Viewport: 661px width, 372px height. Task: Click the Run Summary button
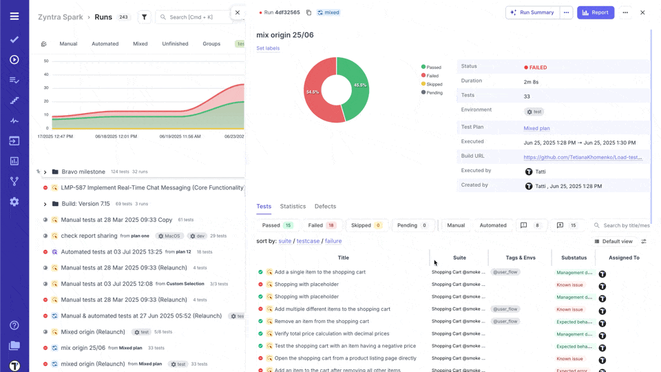(532, 12)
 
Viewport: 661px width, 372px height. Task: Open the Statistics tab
(293, 206)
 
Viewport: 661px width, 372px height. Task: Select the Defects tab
(325, 206)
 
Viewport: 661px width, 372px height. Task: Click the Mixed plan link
(536, 128)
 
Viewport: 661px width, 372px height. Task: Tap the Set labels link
(268, 48)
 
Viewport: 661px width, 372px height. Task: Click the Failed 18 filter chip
(322, 225)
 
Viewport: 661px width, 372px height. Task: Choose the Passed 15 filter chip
(277, 225)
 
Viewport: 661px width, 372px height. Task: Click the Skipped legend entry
(434, 84)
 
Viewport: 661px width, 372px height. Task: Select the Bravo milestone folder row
(83, 172)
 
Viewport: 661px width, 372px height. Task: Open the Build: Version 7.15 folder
(85, 204)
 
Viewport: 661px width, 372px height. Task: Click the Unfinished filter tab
(175, 43)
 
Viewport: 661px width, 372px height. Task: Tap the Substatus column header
(574, 258)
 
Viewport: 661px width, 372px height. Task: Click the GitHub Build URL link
(583, 157)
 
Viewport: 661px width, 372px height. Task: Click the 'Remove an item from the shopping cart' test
(322, 321)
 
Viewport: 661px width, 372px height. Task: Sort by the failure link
(333, 241)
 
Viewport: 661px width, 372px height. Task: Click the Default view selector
(613, 242)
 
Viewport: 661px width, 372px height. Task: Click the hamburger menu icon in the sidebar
(14, 16)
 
